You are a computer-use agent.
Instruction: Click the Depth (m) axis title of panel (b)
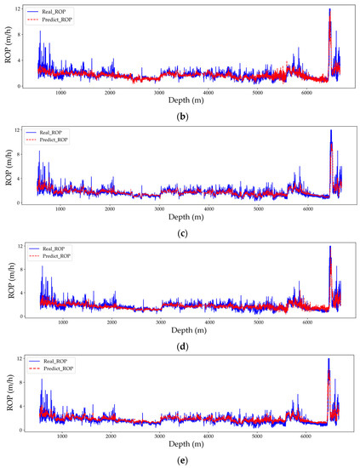186,100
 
